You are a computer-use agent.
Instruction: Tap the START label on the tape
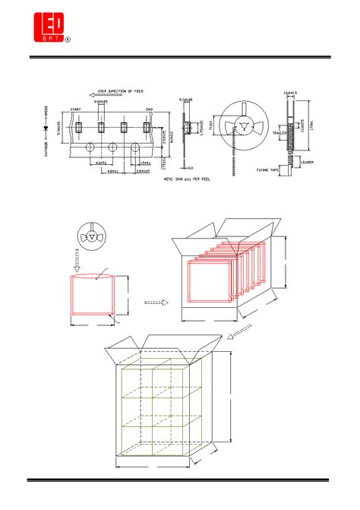tap(76, 109)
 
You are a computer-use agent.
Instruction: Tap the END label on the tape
tap(149, 109)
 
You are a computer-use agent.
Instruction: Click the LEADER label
tap(307, 162)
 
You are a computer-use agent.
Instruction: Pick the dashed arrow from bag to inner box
tap(156, 302)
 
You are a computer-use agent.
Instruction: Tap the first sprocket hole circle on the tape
tap(89, 146)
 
